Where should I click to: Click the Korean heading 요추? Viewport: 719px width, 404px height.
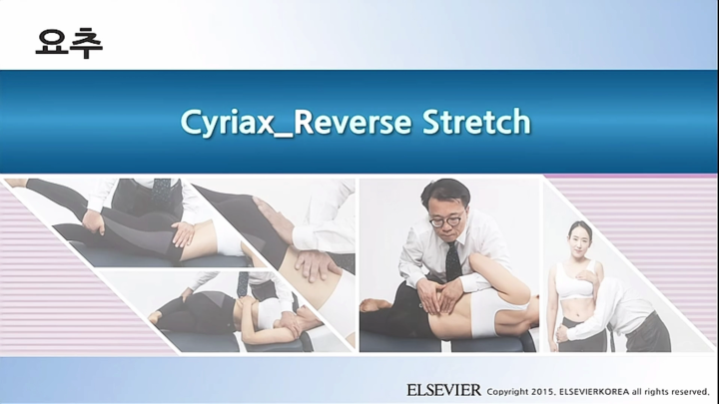pos(69,41)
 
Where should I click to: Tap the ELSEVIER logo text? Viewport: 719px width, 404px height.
pos(443,389)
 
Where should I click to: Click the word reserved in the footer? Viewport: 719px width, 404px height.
pos(684,390)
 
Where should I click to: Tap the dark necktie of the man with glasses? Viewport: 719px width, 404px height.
pos(452,261)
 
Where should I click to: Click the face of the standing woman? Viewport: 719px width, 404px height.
pos(579,238)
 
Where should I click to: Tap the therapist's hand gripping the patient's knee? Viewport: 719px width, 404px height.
pos(183,233)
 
